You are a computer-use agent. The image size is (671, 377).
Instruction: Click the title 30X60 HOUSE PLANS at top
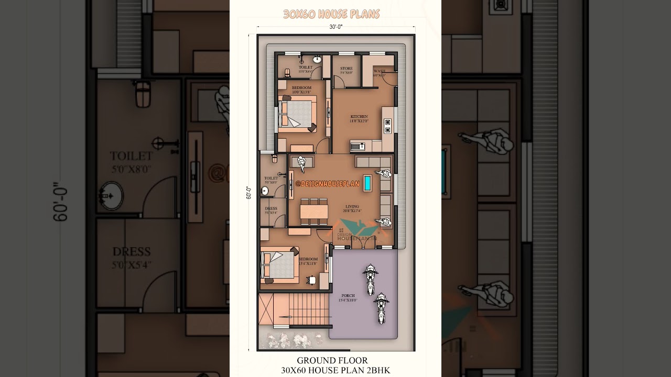click(x=331, y=14)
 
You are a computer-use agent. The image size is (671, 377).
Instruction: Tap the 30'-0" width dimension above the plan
click(x=335, y=27)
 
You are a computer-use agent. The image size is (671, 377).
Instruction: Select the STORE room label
click(x=346, y=69)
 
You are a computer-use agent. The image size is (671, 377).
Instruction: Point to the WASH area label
click(x=380, y=71)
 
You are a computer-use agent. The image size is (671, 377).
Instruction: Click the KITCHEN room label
click(x=359, y=117)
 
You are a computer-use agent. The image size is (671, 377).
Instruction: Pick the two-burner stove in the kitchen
click(x=388, y=126)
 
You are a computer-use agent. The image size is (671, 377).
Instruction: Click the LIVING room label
click(x=352, y=207)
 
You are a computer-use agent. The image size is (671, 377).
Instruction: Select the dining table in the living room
click(x=313, y=211)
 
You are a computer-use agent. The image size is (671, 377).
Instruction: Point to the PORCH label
click(x=348, y=296)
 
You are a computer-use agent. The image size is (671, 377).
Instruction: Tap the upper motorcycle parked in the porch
click(x=371, y=279)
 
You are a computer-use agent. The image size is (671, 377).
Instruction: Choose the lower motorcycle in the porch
click(x=381, y=308)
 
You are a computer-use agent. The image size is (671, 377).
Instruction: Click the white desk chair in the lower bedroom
click(x=312, y=281)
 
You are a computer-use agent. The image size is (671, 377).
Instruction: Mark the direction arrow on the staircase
click(x=287, y=317)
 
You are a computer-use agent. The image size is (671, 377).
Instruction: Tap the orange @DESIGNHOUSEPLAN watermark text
click(x=327, y=184)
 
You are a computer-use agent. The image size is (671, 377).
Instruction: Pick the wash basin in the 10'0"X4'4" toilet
click(x=317, y=59)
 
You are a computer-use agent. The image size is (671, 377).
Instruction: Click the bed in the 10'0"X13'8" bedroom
click(x=296, y=112)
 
